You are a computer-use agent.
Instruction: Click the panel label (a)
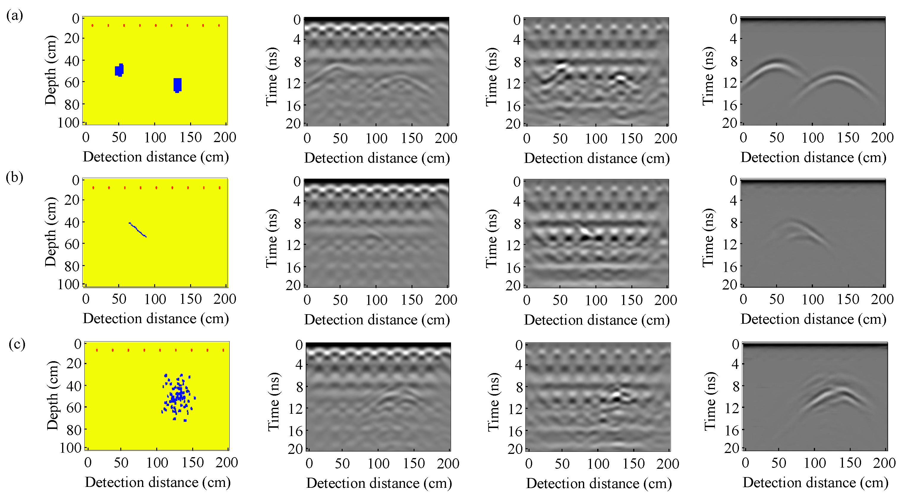click(14, 16)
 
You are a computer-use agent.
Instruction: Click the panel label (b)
click(14, 177)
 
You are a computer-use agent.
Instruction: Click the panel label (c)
click(17, 344)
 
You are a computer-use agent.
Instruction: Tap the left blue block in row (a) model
click(119, 70)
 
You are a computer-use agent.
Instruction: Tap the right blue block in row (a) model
click(177, 85)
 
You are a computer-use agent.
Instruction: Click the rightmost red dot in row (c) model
click(223, 350)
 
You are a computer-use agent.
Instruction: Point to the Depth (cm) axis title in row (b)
click(51, 232)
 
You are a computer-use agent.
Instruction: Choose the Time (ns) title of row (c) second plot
click(274, 402)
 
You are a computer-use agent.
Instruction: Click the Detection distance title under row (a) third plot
click(597, 158)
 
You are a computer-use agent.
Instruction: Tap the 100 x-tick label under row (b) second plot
click(376, 300)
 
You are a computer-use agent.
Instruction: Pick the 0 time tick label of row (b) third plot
click(517, 181)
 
